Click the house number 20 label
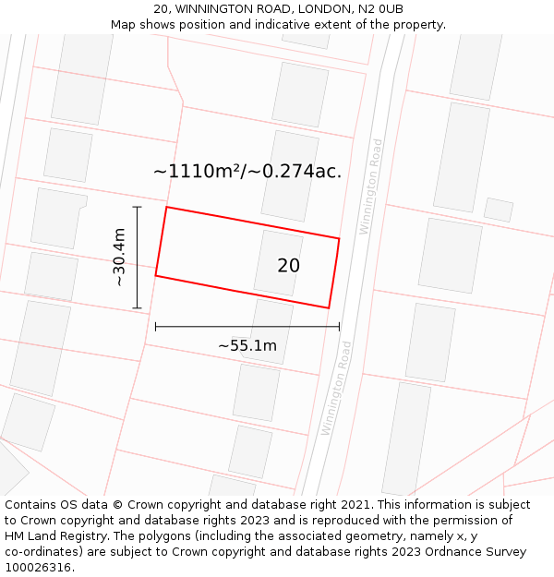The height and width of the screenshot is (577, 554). [288, 266]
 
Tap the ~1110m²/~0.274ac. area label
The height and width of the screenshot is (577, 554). [247, 171]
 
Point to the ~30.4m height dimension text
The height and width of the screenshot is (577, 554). [119, 258]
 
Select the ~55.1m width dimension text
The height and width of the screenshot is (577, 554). [247, 345]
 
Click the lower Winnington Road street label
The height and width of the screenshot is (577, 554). [336, 388]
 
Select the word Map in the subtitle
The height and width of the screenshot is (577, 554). [123, 25]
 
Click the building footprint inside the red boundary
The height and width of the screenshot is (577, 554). [277, 263]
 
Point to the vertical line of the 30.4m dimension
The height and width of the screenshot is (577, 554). [137, 258]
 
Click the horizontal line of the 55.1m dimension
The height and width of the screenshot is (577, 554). [247, 326]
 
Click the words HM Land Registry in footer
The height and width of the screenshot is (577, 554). [47, 536]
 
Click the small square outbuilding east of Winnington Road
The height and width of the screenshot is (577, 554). [499, 210]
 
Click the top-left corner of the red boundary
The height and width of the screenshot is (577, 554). [166, 207]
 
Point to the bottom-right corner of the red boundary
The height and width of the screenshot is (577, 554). [329, 307]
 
